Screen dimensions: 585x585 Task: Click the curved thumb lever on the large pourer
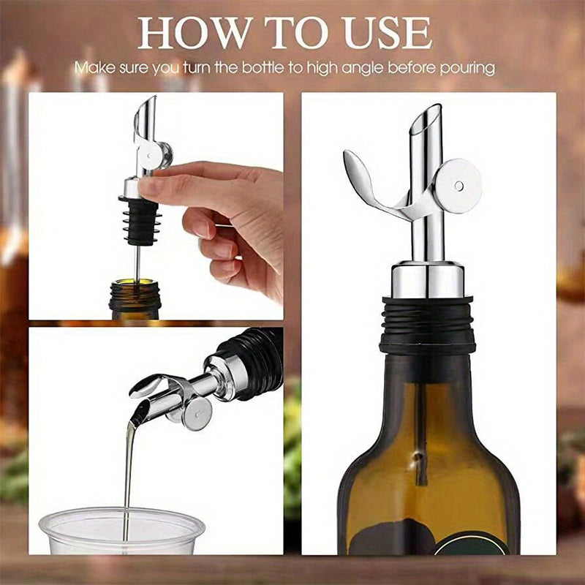click(369, 183)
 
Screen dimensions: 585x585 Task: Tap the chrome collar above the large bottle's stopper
click(428, 279)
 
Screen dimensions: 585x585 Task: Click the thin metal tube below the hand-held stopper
click(136, 252)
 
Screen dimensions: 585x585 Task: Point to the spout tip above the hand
click(146, 110)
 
